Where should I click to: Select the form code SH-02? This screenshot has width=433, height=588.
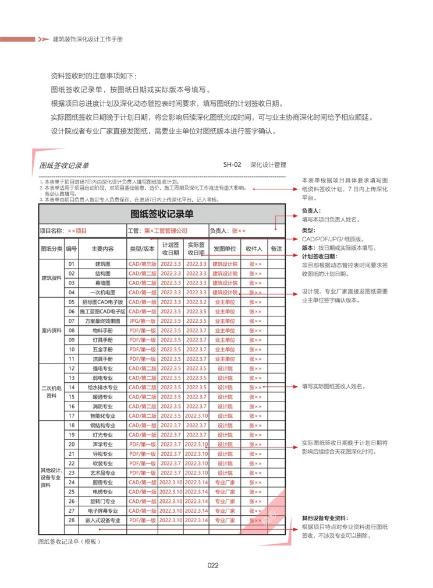tap(232, 165)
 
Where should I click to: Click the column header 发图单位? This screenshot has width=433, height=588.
tap(225, 249)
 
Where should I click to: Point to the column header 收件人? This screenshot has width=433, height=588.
tap(255, 249)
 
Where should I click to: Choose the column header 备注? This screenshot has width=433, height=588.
tap(276, 249)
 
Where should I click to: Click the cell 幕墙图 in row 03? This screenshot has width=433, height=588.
tap(102, 283)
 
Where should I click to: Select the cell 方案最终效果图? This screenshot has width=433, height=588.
tap(102, 321)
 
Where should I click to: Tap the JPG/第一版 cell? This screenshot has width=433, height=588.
tap(142, 321)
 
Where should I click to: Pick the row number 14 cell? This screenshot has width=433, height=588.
tap(72, 387)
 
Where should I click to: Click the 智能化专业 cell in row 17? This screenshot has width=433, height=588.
tap(102, 416)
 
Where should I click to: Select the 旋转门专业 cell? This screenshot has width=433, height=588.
tap(102, 501)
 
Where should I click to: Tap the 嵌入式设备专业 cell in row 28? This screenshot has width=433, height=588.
tap(102, 520)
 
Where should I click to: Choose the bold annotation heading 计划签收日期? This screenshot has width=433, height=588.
tap(319, 256)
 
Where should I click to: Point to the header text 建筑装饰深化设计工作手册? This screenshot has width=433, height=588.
tap(87, 39)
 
